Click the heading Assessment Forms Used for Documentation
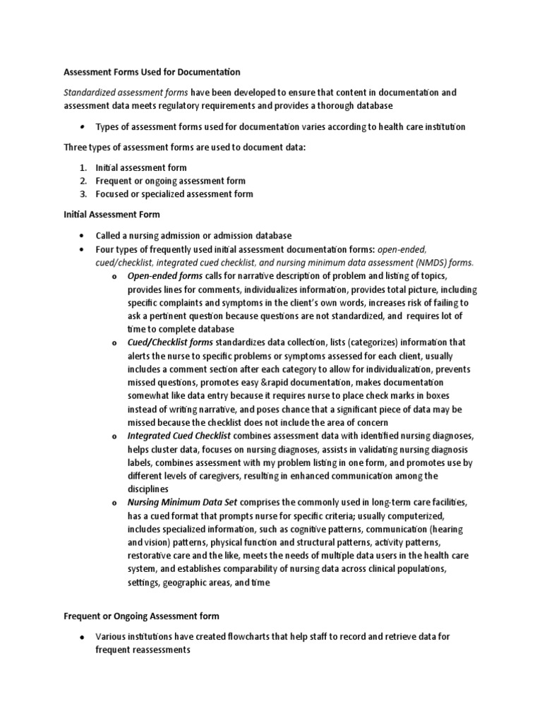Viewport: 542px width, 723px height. (152, 72)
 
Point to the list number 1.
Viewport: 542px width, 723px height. (83, 168)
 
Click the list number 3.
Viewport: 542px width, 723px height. (83, 194)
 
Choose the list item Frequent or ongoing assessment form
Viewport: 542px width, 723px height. (170, 181)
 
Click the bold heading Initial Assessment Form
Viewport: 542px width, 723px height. (112, 214)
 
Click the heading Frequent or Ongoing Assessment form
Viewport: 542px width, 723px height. (142, 616)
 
